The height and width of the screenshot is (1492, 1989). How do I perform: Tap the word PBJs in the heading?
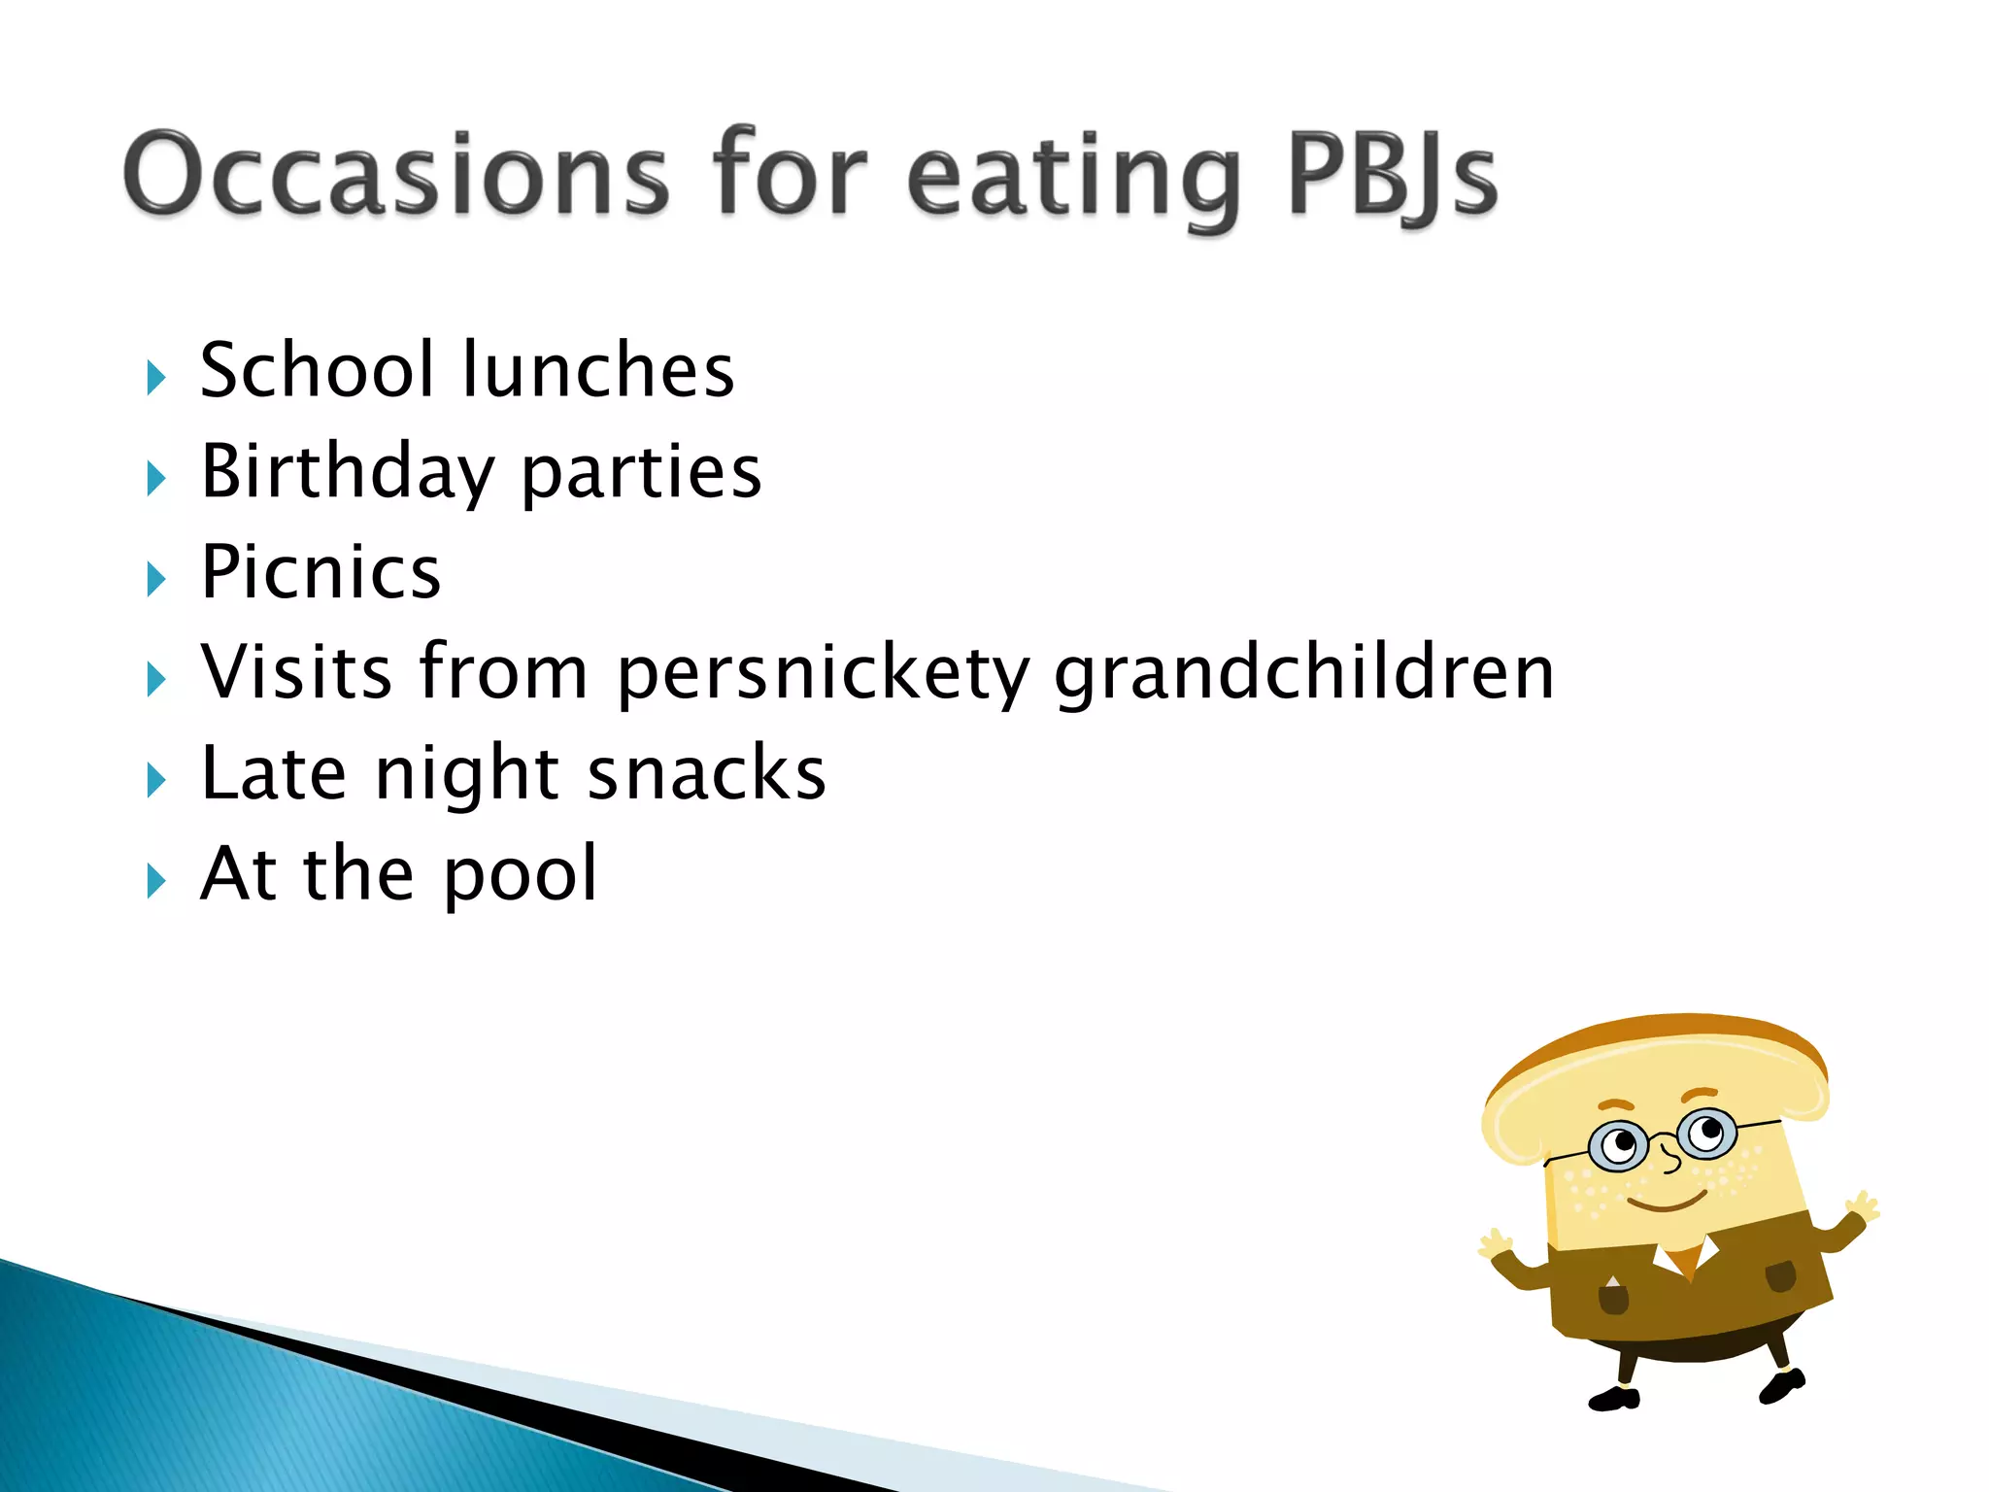[1391, 175]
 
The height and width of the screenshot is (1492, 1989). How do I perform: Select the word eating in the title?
[1074, 180]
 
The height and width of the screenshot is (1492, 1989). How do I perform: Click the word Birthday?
[347, 473]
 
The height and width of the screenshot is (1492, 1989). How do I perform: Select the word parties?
[641, 475]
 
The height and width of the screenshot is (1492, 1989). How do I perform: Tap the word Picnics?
[320, 572]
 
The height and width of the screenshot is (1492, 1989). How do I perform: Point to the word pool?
[520, 875]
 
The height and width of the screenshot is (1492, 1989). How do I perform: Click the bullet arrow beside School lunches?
[156, 377]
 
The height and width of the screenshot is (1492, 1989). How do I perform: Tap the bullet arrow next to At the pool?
[156, 881]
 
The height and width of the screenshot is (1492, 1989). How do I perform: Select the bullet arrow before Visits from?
[156, 679]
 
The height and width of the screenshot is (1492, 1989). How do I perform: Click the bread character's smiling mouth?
[1667, 1204]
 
